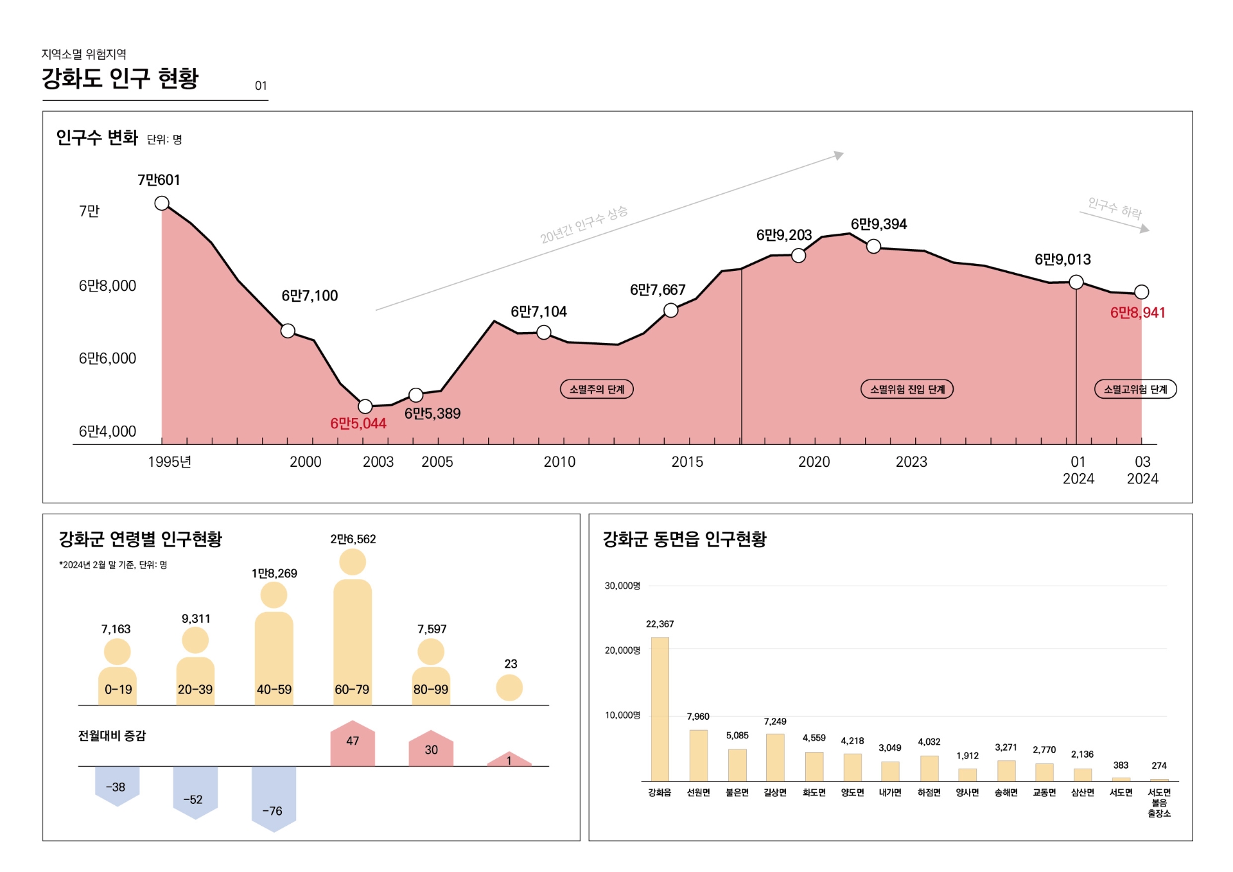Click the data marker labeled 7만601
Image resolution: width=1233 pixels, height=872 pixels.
pyautogui.click(x=162, y=204)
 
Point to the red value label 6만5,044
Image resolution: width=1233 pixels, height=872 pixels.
pyautogui.click(x=358, y=424)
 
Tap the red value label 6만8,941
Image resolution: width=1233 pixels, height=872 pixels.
pyautogui.click(x=1137, y=313)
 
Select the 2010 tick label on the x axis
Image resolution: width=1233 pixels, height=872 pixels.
pyautogui.click(x=559, y=462)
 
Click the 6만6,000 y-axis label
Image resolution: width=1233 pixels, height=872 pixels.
pyautogui.click(x=107, y=358)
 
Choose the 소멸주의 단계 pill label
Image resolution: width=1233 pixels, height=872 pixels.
pyautogui.click(x=597, y=389)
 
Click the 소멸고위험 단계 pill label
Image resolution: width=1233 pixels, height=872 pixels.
pyautogui.click(x=1135, y=389)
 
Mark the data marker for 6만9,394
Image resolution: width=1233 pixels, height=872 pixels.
pyautogui.click(x=873, y=246)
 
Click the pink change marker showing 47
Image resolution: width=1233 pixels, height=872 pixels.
pyautogui.click(x=353, y=745)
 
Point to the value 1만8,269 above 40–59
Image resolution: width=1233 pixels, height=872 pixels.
pyautogui.click(x=274, y=573)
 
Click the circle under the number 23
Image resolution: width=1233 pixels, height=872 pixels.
pyautogui.click(x=509, y=688)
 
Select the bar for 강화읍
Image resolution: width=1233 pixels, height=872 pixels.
pyautogui.click(x=660, y=709)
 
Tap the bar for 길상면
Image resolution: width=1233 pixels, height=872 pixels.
pyautogui.click(x=775, y=757)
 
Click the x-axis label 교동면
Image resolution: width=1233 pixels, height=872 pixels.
pyautogui.click(x=1044, y=793)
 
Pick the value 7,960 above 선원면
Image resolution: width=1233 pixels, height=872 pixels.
pyautogui.click(x=698, y=717)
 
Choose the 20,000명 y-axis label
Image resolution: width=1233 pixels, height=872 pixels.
pyautogui.click(x=622, y=650)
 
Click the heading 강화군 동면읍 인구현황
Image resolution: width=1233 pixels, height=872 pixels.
pyautogui.click(x=684, y=539)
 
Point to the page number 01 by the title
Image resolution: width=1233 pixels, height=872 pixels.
pyautogui.click(x=261, y=86)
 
